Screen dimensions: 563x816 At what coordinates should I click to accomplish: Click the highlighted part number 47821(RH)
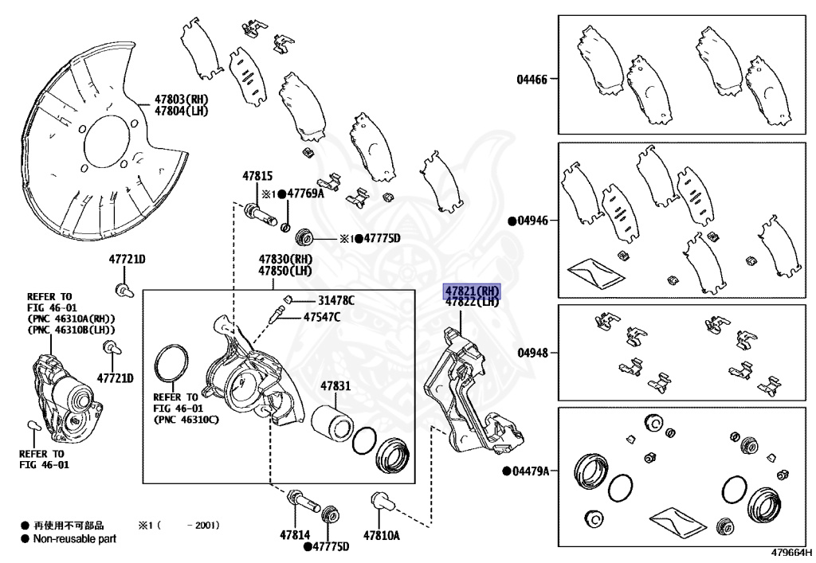pos(472,291)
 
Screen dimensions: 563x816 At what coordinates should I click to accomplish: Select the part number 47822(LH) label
pos(472,302)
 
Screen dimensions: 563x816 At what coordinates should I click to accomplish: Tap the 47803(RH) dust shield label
pos(181,100)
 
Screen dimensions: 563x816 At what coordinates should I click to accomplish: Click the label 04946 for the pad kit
pos(532,221)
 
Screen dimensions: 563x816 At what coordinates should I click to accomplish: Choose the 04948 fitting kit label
pos(532,351)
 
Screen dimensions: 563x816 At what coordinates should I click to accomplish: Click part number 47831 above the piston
pos(335,386)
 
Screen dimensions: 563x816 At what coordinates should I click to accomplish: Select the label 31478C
pos(336,300)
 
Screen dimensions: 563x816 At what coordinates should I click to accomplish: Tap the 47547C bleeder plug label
pos(321,317)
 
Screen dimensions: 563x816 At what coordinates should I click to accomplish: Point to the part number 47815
pos(257,176)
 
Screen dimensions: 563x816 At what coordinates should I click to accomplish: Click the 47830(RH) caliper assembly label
pos(284,260)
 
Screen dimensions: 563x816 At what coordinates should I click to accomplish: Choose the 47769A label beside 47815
pos(305,194)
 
